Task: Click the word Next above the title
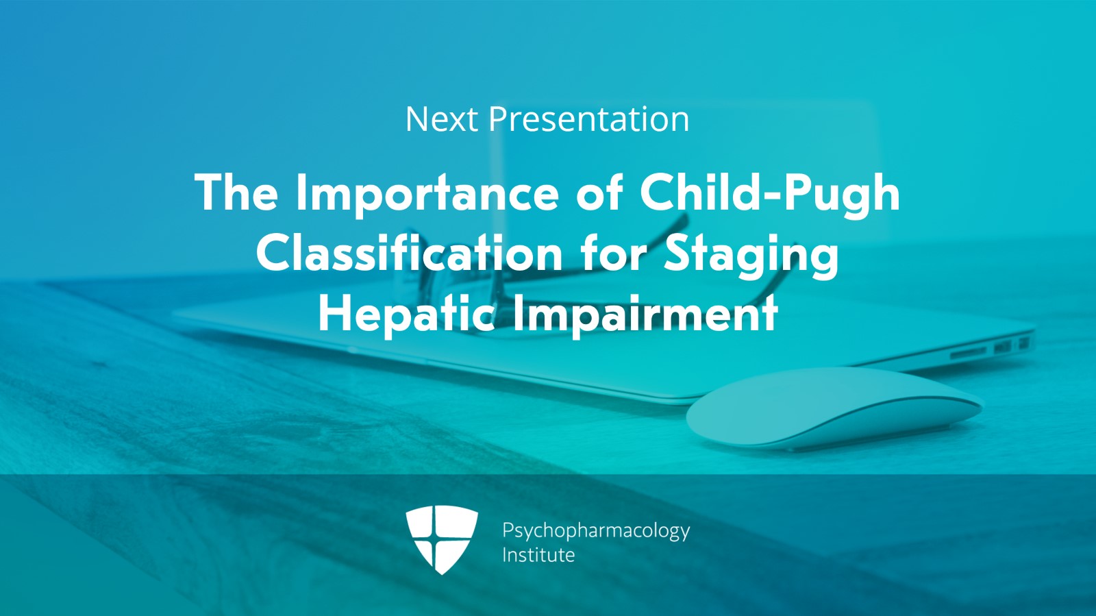440,119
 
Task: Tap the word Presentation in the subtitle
588,119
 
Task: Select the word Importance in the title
427,193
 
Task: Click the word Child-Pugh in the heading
769,193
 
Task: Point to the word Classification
409,254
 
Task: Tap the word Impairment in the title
645,314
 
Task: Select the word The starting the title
236,193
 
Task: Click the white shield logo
441,539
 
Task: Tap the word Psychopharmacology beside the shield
595,531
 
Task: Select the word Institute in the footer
538,555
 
